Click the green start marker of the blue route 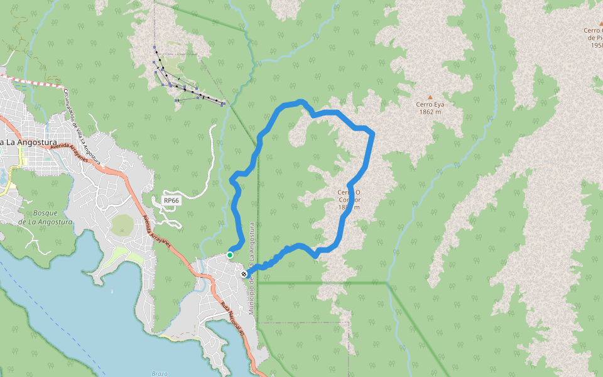[230, 254]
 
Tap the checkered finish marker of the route [244, 274]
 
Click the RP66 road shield [171, 200]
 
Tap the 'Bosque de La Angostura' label [45, 217]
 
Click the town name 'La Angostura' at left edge [29, 143]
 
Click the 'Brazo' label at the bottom [159, 373]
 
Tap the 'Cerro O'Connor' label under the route [349, 199]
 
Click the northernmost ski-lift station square [155, 46]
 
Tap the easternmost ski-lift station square [224, 104]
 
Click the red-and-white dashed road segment [31, 80]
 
